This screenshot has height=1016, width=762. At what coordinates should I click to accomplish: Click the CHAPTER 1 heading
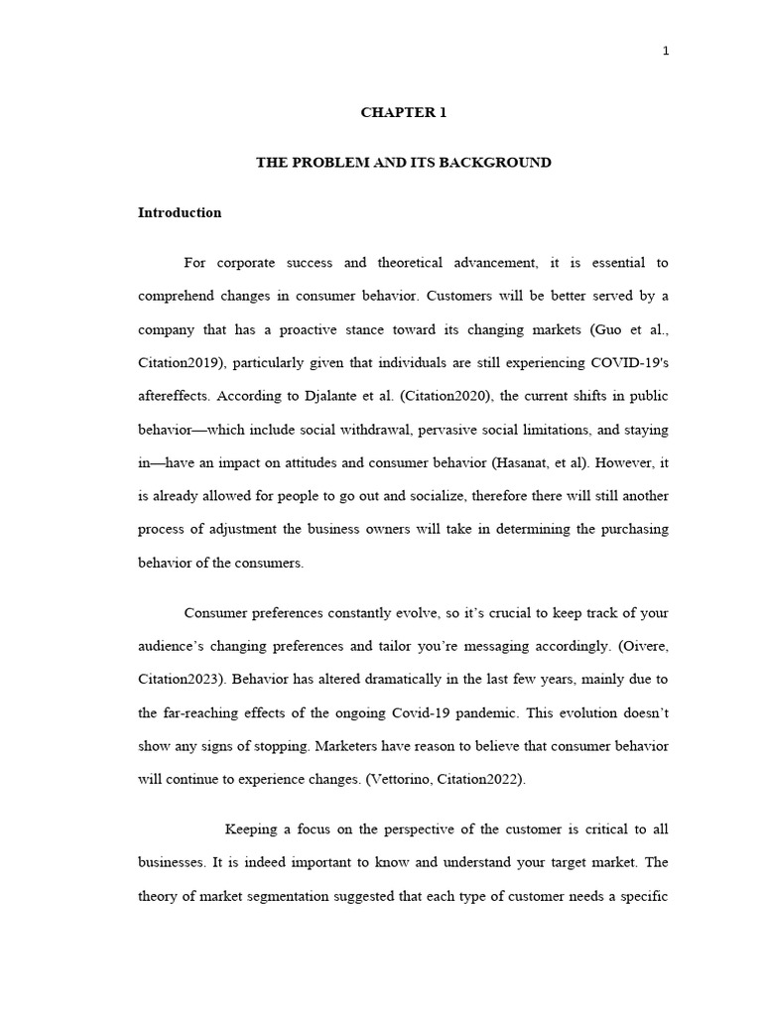[x=403, y=113]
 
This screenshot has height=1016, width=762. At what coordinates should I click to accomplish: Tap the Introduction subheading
[x=180, y=213]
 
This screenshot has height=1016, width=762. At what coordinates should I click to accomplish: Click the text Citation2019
[x=177, y=363]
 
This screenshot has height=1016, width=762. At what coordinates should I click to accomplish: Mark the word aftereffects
[x=175, y=396]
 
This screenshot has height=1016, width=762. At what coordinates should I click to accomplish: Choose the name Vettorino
[x=404, y=780]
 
